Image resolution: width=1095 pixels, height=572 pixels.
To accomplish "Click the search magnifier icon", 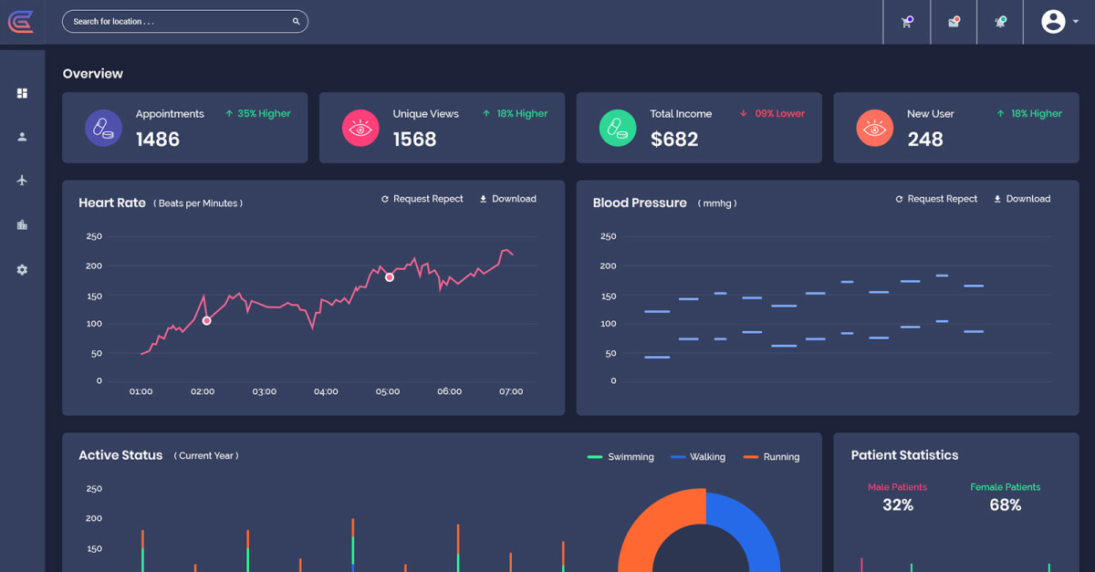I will pos(296,21).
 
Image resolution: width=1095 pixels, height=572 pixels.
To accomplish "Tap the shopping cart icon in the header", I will pos(906,22).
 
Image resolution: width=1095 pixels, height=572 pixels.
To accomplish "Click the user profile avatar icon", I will pos(1053,21).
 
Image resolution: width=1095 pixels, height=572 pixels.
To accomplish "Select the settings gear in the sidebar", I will pos(22,270).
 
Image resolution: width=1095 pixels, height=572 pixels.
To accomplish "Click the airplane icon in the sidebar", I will pos(22,181).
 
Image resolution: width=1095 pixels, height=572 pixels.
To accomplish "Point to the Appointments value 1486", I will pos(158,140).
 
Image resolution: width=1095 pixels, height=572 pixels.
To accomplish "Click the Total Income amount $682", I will pos(674,140).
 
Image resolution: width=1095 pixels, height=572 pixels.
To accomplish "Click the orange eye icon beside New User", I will pos(874,129).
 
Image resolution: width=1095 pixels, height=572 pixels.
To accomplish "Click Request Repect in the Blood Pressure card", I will pos(936,199).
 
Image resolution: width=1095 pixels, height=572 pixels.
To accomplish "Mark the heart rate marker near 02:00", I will pos(206,321).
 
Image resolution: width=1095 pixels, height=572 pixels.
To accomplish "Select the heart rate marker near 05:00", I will pos(390,277).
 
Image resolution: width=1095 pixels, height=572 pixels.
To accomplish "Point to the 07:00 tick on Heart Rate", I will pos(511,391).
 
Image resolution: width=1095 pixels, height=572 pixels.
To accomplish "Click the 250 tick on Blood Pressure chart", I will pos(608,236).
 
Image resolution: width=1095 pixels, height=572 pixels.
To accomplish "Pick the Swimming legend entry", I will pos(621,457).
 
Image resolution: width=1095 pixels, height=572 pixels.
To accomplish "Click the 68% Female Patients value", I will pos(1005,505).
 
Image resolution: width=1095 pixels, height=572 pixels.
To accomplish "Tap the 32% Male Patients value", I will pos(898,505).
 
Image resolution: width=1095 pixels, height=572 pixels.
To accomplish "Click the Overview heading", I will pos(92,74).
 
